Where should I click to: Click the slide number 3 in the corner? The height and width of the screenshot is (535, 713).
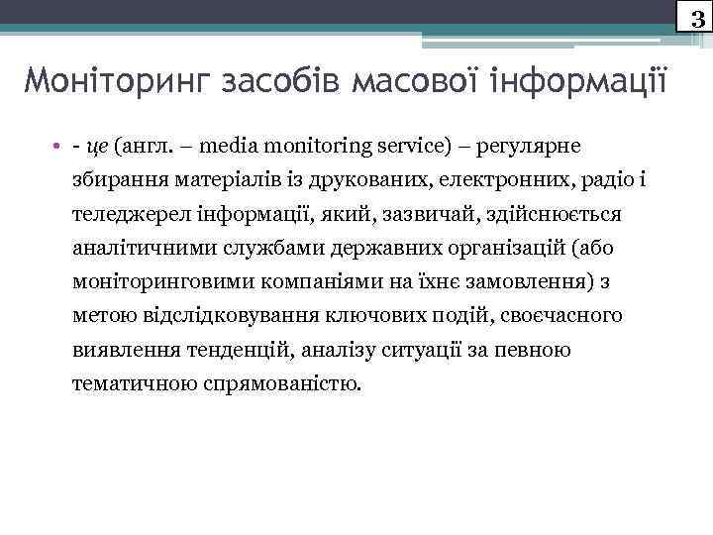[x=696, y=16]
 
